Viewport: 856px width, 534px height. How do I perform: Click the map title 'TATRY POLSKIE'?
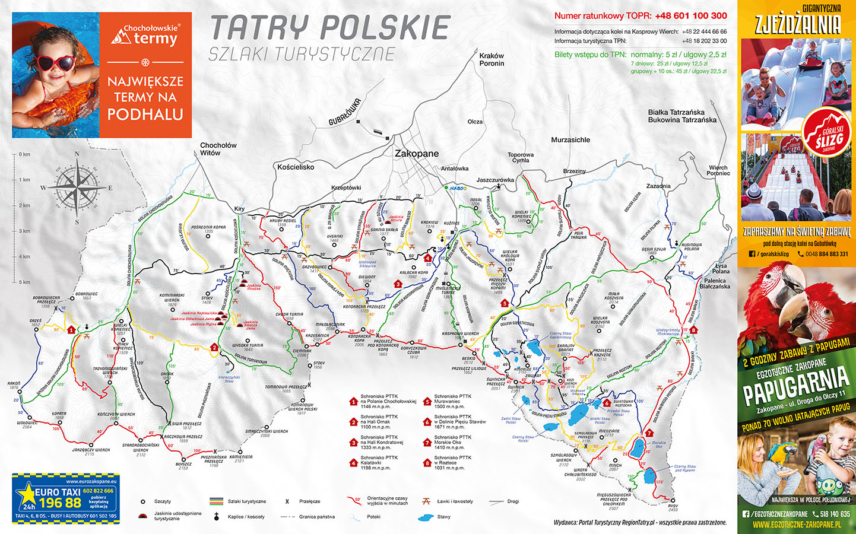point(330,28)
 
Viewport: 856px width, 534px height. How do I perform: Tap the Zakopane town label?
point(417,153)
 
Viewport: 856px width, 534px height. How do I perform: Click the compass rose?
point(77,187)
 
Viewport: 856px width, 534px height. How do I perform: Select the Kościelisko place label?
point(296,167)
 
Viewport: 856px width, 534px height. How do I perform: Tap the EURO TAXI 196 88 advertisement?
point(66,499)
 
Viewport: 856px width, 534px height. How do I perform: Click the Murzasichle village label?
point(570,140)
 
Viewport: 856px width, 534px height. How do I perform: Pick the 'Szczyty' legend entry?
point(162,501)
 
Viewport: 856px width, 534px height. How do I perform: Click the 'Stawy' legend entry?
point(443,517)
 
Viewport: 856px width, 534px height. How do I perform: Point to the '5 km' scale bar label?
point(24,282)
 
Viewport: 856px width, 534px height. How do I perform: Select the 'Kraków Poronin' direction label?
point(492,59)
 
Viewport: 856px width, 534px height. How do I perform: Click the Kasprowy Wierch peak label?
point(460,334)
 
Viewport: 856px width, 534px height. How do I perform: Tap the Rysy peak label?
point(673,508)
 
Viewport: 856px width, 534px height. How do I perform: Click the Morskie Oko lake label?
point(658,444)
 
